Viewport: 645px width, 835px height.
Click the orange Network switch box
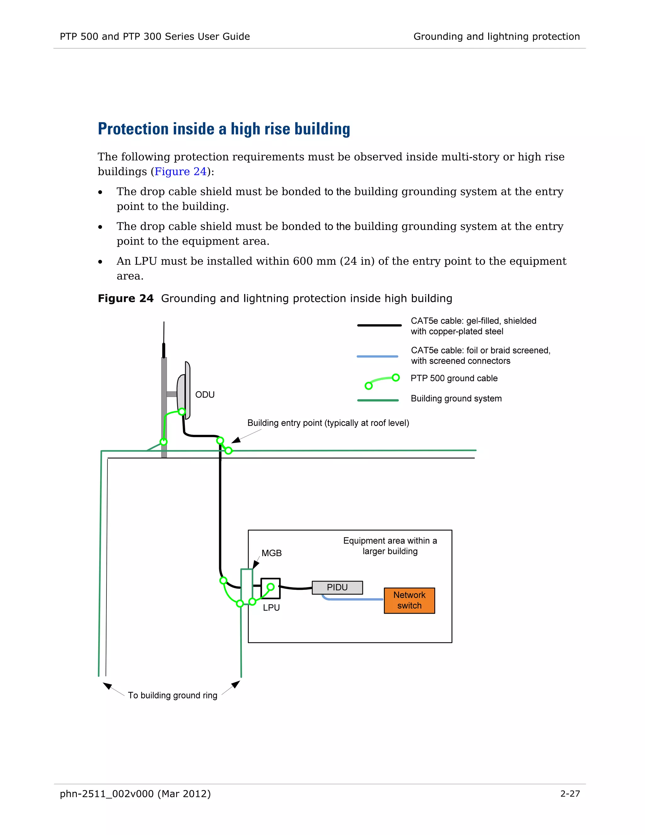pyautogui.click(x=409, y=600)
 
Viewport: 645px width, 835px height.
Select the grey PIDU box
pyautogui.click(x=337, y=587)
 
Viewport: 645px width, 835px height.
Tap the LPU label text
pyautogui.click(x=271, y=608)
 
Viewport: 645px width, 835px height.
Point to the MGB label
pyautogui.click(x=271, y=553)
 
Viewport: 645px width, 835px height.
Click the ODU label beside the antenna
pyautogui.click(x=205, y=394)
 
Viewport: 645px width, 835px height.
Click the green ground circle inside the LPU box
pyautogui.click(x=271, y=586)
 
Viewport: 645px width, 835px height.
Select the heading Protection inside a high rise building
pyautogui.click(x=224, y=129)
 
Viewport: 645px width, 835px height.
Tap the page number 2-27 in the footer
pyautogui.click(x=570, y=794)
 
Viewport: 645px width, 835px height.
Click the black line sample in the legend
pyautogui.click(x=379, y=325)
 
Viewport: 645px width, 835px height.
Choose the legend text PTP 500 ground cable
pyautogui.click(x=454, y=378)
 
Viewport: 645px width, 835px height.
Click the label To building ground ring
pyautogui.click(x=172, y=695)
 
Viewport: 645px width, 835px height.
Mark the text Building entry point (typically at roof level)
pyautogui.click(x=328, y=423)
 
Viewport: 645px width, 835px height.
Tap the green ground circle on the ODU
pyautogui.click(x=182, y=412)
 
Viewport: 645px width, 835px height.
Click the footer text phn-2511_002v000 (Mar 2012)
pyautogui.click(x=135, y=794)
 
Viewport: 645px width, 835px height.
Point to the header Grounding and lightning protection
pyautogui.click(x=496, y=36)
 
